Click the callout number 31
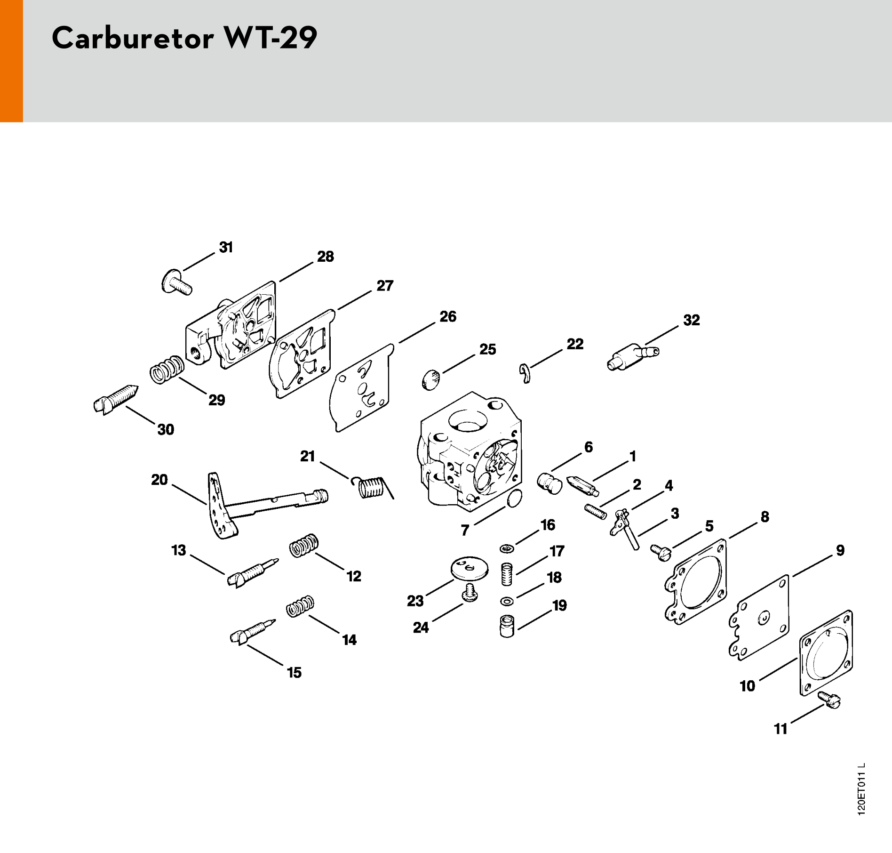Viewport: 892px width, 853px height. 226,247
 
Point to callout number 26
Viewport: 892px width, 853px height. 448,316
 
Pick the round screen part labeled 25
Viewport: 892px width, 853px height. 431,379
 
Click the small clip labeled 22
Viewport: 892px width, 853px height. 525,373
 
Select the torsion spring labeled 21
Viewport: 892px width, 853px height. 373,487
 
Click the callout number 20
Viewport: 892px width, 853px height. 159,480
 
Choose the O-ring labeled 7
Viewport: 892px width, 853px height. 514,498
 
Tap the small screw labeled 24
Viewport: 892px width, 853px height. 470,593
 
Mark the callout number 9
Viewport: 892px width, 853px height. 840,550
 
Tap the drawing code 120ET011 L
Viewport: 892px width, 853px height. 860,796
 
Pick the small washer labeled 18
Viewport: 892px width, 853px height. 507,601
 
